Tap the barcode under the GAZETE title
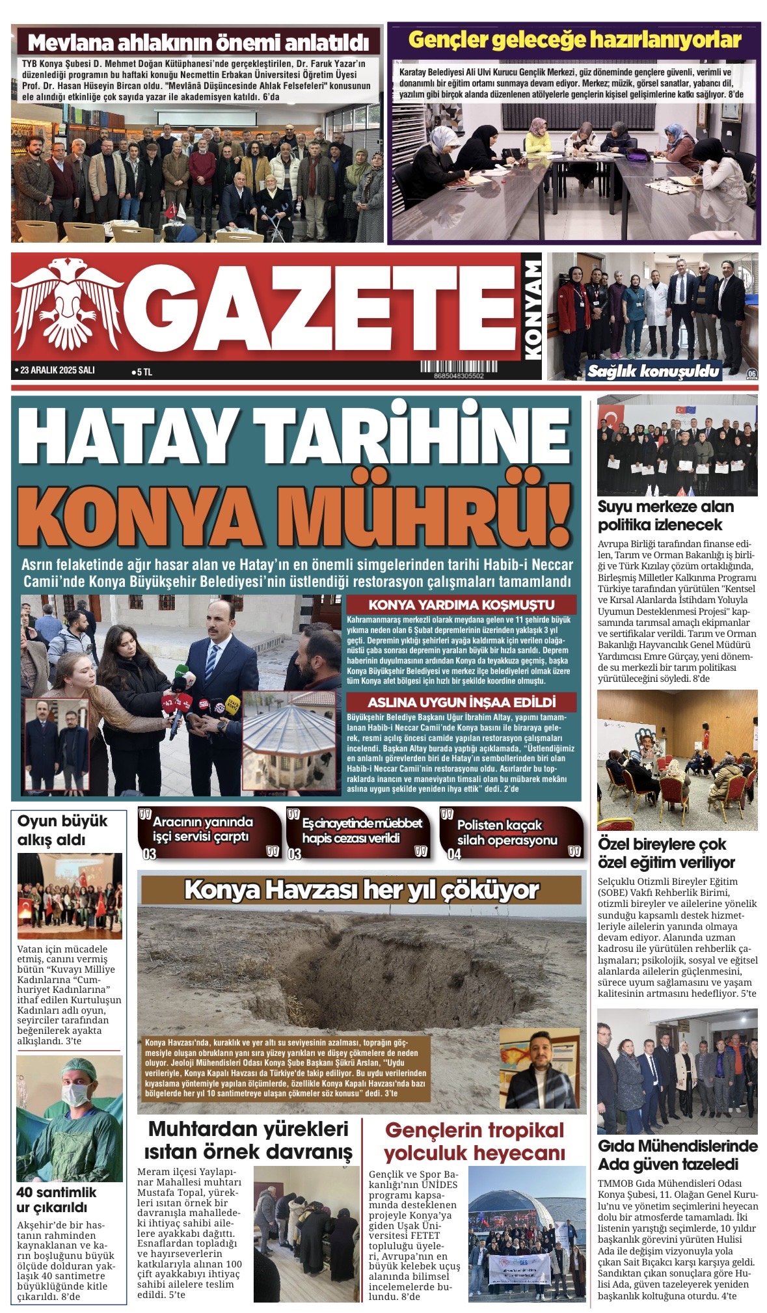[458, 368]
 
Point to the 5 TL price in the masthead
[143, 372]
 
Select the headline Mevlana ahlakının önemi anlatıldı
[198, 44]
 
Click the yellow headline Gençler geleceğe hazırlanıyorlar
[574, 40]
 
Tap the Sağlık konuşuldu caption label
[653, 372]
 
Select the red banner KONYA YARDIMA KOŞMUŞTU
[461, 604]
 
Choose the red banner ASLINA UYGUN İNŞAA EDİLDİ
[461, 702]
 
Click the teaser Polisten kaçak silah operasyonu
[507, 832]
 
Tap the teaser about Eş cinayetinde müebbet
[362, 830]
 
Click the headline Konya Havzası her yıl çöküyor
[361, 889]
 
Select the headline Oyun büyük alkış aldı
[62, 830]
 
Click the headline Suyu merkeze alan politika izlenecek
[666, 515]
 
